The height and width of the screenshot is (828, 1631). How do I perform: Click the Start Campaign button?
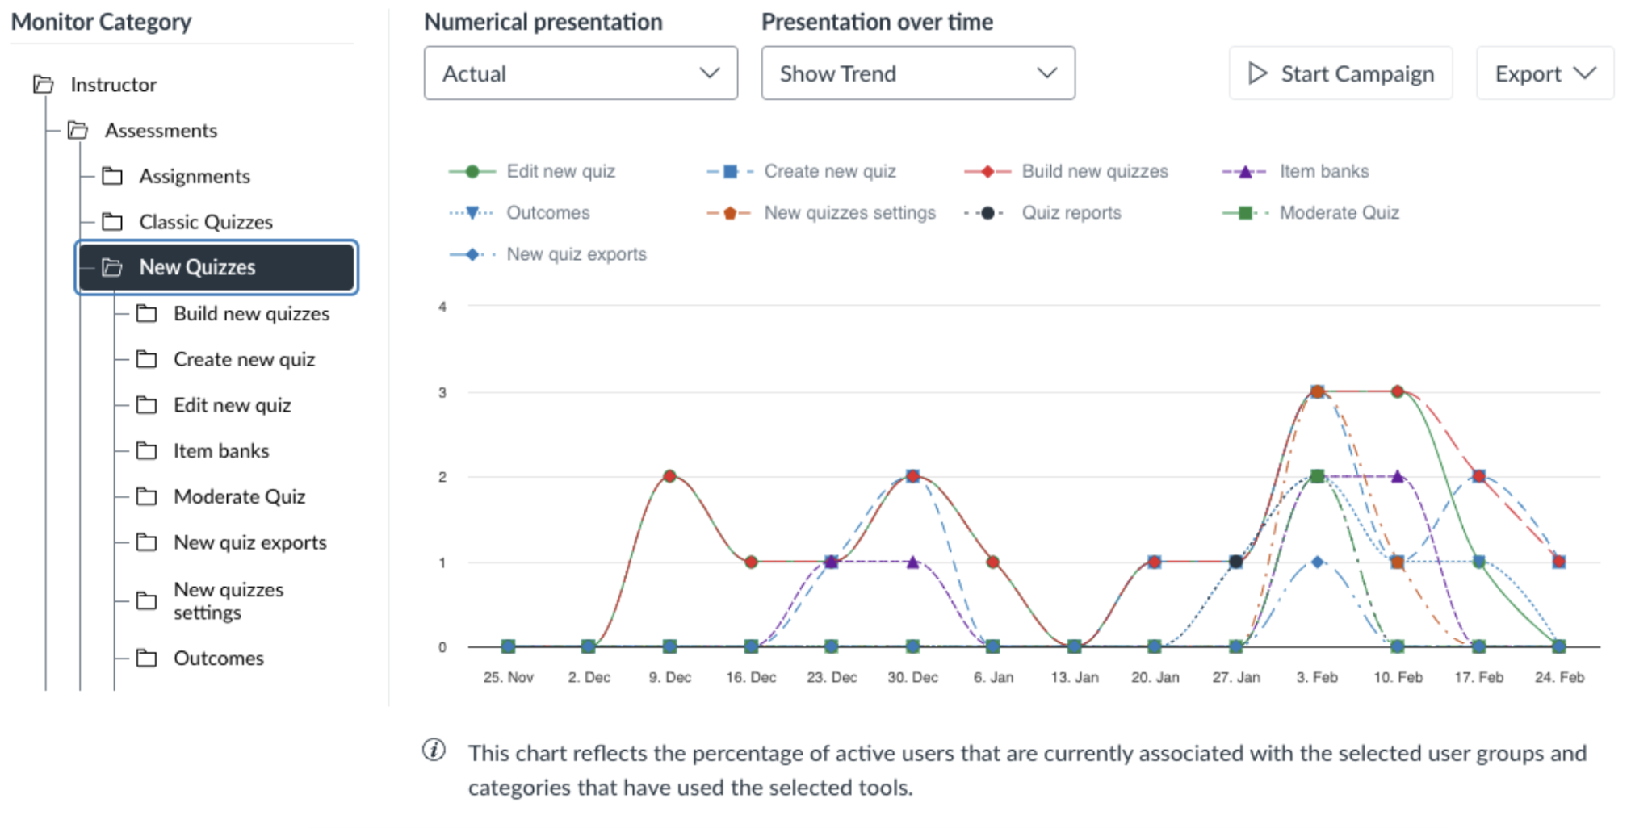click(1340, 73)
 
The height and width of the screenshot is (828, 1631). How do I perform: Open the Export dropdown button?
click(1544, 73)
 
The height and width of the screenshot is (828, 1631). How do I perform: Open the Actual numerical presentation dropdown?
click(580, 73)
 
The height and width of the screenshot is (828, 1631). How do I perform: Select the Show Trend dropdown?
click(917, 73)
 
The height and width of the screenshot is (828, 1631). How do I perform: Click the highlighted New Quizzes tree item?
click(216, 267)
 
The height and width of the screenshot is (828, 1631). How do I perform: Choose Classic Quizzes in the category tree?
click(205, 222)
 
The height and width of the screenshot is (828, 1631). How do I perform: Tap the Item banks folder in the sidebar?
click(220, 451)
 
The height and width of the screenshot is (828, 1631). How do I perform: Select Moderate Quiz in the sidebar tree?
click(239, 497)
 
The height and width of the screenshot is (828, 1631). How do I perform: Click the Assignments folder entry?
click(194, 176)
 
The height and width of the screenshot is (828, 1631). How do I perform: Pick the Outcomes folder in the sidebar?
click(218, 659)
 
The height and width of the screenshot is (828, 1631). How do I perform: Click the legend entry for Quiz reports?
click(1071, 213)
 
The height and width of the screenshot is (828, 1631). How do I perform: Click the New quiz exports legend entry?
click(576, 254)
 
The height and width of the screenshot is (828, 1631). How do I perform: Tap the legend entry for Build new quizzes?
click(1094, 171)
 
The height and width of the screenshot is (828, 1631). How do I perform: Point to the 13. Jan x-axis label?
click(1074, 677)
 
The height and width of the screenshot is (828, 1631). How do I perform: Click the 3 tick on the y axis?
click(442, 393)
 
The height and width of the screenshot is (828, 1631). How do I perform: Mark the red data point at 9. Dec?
click(669, 476)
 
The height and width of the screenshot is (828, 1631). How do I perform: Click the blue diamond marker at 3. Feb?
click(1317, 562)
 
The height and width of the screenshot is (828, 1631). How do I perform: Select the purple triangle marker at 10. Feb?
click(1398, 476)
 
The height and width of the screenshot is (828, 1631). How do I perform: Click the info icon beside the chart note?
click(434, 750)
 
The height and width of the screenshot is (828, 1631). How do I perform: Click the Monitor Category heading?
click(101, 22)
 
